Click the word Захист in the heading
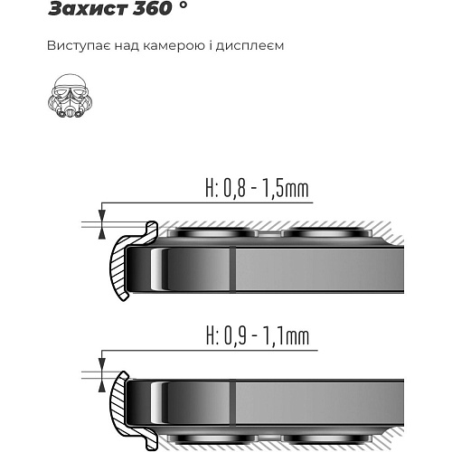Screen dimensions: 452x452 coord(88,8)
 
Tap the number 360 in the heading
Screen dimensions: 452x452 coord(152,8)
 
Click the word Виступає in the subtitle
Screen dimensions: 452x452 coord(79,46)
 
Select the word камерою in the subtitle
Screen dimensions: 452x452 coord(174,46)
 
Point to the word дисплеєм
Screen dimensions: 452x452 coord(250,46)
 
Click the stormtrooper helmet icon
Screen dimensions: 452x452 coord(70,96)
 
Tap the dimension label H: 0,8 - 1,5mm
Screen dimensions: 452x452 coord(257,188)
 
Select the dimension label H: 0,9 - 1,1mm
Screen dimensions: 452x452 coord(258,336)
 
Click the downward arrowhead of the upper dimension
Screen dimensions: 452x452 coord(102,216)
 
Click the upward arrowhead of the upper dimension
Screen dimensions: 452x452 coord(102,233)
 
